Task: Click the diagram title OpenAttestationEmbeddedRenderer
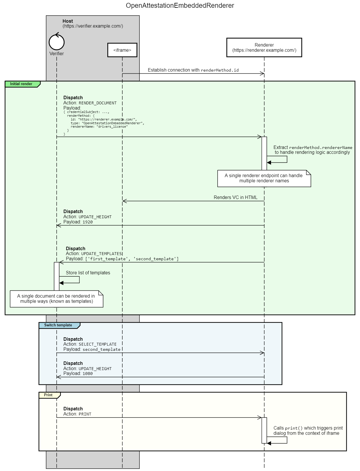pyautogui.click(x=180, y=5)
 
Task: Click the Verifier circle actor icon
pyautogui.click(x=56, y=42)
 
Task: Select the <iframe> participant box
pyautogui.click(x=122, y=50)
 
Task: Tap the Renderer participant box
pyautogui.click(x=264, y=47)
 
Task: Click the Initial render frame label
pyautogui.click(x=21, y=84)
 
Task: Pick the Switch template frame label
pyautogui.click(x=58, y=325)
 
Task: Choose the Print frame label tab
pyautogui.click(x=48, y=395)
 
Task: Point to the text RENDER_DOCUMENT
pyautogui.click(x=98, y=103)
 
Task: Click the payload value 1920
pyautogui.click(x=87, y=222)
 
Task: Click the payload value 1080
pyautogui.click(x=87, y=374)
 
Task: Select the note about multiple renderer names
pyautogui.click(x=264, y=178)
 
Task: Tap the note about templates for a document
pyautogui.click(x=56, y=299)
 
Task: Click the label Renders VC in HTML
pyautogui.click(x=235, y=197)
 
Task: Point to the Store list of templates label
pyautogui.click(x=88, y=273)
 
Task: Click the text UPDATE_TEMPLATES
pyautogui.click(x=102, y=254)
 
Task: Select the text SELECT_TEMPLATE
pyautogui.click(x=98, y=344)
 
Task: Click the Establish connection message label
pyautogui.click(x=193, y=70)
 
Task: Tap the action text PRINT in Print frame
pyautogui.click(x=85, y=414)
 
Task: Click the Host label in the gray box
pyautogui.click(x=68, y=21)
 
